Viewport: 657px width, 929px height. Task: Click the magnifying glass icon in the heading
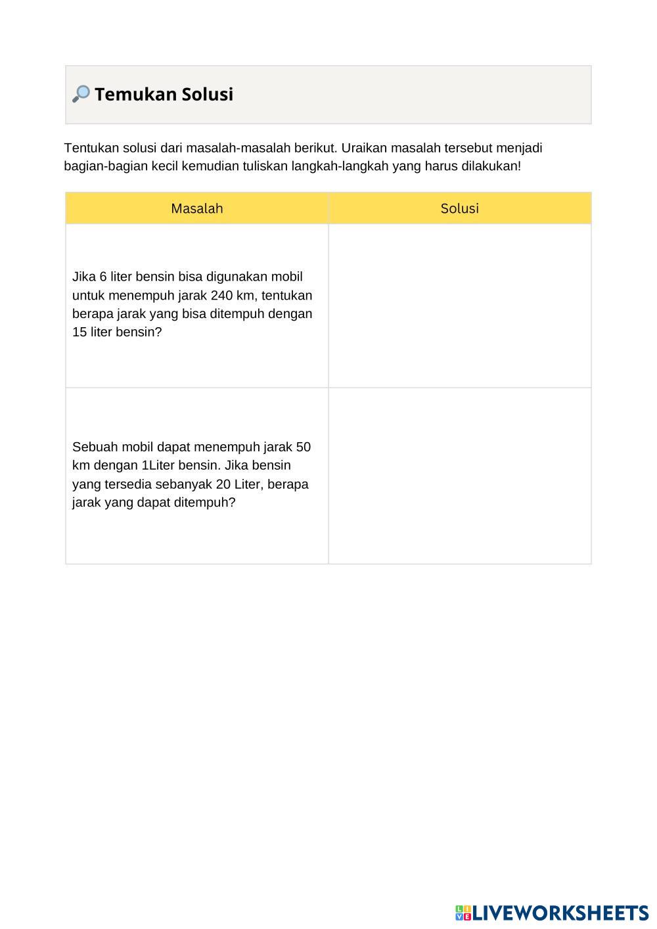(80, 94)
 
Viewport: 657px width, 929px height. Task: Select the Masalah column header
(196, 208)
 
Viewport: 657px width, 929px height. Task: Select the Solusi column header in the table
(459, 208)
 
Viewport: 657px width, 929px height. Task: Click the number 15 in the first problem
(79, 332)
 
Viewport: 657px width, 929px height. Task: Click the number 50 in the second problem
(303, 447)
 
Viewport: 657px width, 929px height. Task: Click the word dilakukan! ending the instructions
(491, 166)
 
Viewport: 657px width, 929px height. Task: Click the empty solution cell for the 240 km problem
(459, 306)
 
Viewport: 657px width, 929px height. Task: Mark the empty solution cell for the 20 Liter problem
(459, 475)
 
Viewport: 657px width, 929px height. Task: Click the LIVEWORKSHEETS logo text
(560, 913)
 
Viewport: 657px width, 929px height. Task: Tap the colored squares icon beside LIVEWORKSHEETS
(463, 913)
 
